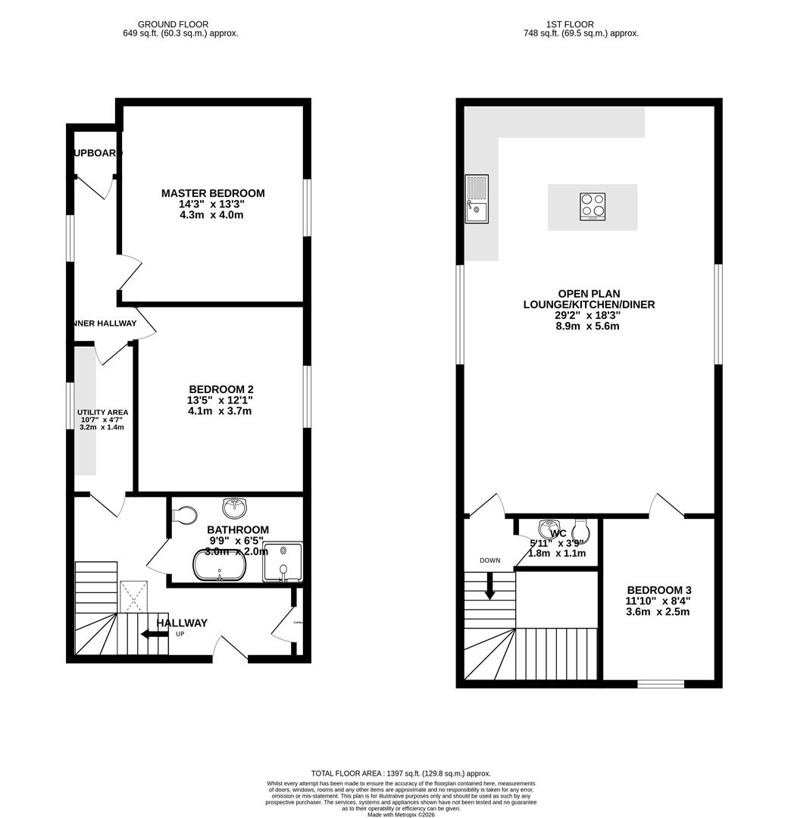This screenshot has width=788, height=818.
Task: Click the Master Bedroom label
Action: tap(213, 193)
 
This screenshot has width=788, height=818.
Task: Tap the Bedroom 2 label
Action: tap(220, 389)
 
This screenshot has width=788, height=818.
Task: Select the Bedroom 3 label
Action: tap(658, 590)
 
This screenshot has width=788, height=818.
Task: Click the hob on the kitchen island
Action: tap(593, 207)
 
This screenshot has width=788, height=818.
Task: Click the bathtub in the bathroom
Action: tap(219, 565)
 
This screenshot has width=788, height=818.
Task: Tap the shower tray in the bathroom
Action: tap(283, 563)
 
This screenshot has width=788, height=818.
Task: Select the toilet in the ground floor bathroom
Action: tap(183, 515)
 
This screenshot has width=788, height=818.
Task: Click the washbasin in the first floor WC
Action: tap(549, 527)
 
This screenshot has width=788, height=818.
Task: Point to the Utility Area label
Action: tap(103, 412)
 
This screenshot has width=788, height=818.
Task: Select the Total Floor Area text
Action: tap(402, 773)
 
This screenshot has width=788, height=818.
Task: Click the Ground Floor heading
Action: tap(180, 24)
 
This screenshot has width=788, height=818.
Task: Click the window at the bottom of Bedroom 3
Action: tap(660, 684)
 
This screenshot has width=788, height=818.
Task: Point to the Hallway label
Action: tap(182, 623)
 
